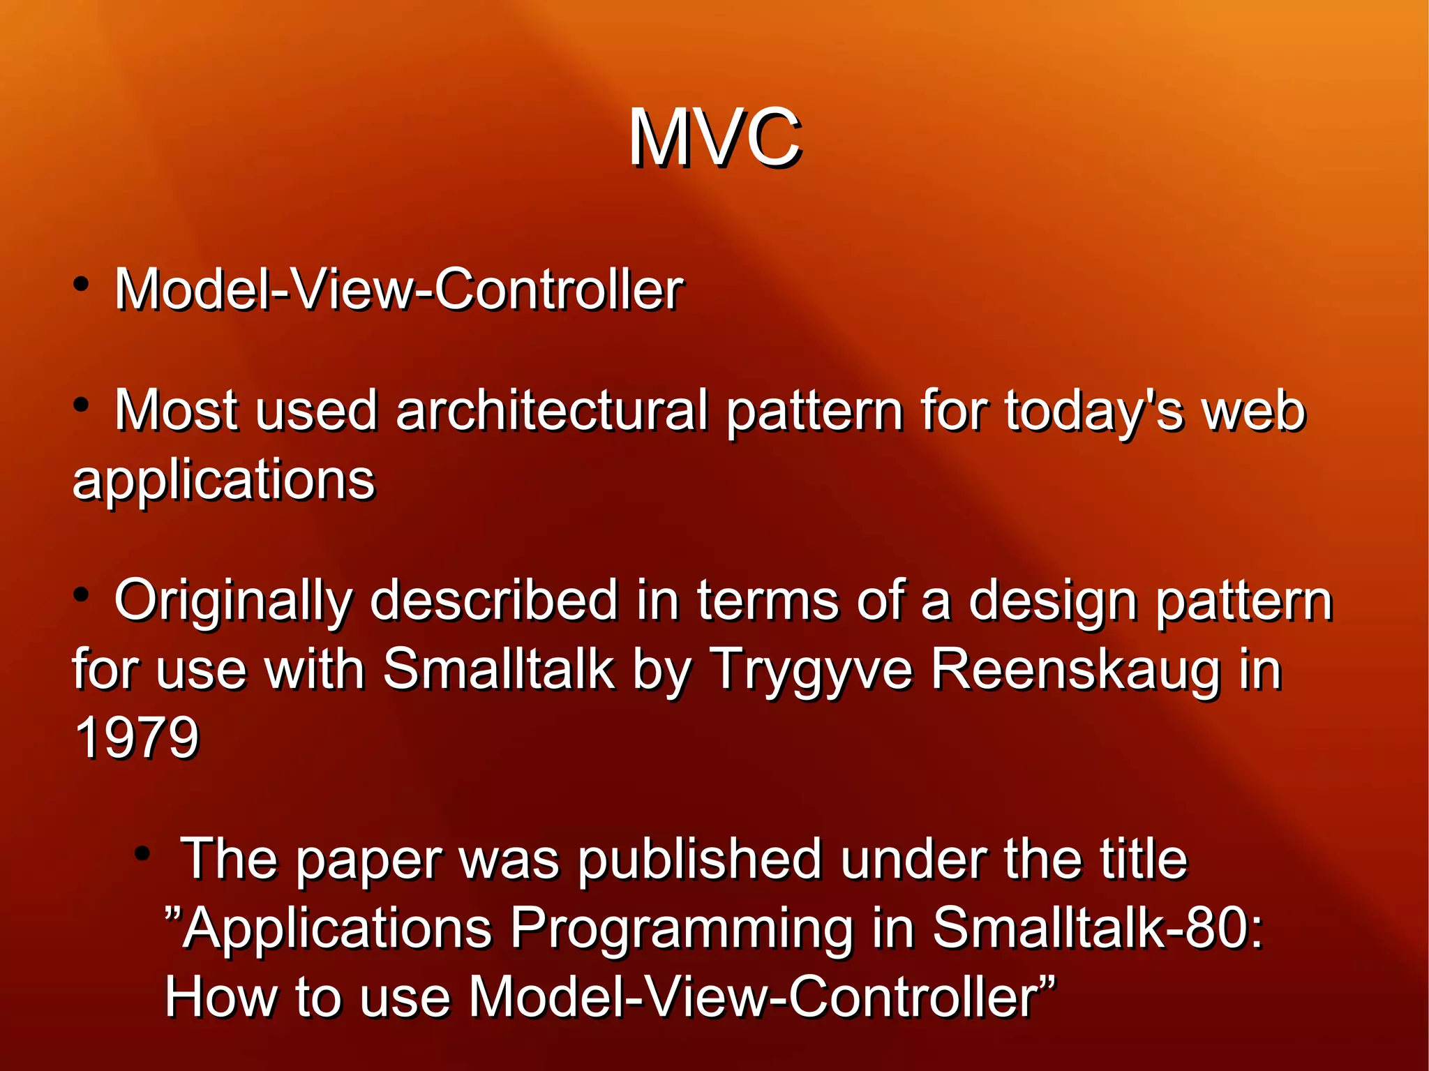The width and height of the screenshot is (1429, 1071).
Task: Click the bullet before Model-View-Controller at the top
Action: [82, 284]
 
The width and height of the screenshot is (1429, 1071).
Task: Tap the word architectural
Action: [551, 411]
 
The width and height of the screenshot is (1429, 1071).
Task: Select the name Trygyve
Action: [810, 671]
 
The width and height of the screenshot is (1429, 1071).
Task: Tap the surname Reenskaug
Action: [1075, 671]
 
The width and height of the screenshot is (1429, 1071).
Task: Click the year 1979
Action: [137, 737]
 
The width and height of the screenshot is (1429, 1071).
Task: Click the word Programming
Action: [682, 929]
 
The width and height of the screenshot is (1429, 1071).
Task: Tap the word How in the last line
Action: [220, 997]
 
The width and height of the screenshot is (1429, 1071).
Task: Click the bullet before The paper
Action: [142, 853]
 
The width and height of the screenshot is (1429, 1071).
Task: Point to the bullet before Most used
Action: [82, 405]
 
